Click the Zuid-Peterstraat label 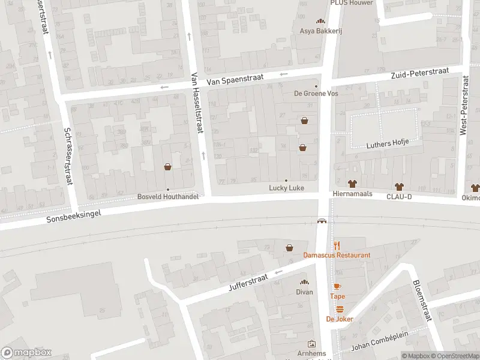[x=419, y=73]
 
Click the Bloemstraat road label [x=422, y=301]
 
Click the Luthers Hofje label [x=388, y=143]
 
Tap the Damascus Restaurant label [x=337, y=255]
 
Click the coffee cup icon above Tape [x=337, y=286]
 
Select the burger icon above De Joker [x=340, y=309]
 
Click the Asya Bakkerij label [x=321, y=31]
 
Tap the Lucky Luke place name [x=286, y=188]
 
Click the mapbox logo [x=26, y=352]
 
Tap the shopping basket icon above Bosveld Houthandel [x=167, y=167]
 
